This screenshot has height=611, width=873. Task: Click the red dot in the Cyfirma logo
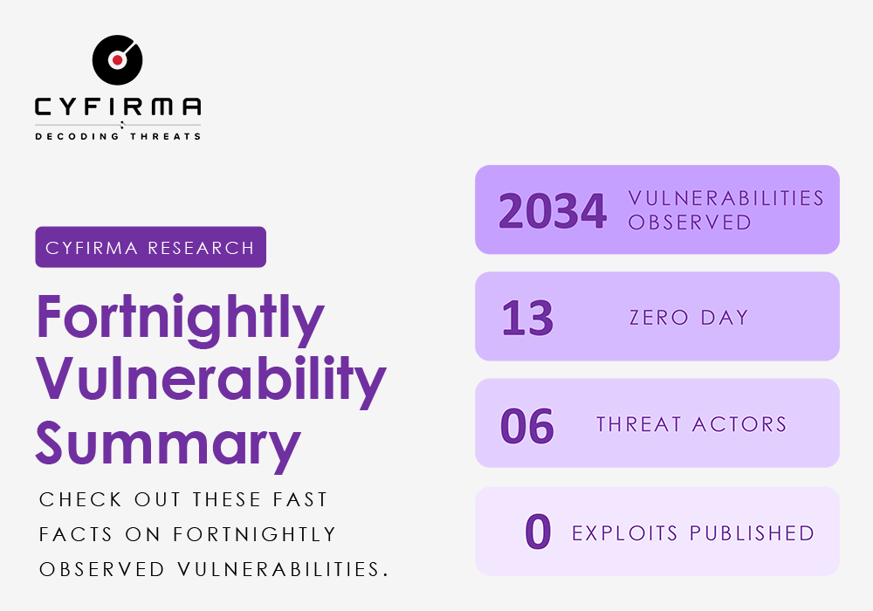click(x=117, y=59)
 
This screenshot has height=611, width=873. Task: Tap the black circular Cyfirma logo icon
click(x=118, y=60)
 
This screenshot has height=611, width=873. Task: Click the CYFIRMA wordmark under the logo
click(x=118, y=106)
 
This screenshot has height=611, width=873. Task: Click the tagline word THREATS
click(x=165, y=136)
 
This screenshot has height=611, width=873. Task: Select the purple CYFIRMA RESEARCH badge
click(x=150, y=247)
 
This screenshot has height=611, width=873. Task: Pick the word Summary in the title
click(x=168, y=446)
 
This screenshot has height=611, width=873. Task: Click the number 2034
click(x=553, y=211)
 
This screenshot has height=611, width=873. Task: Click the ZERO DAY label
click(x=689, y=318)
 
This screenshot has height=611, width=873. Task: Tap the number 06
click(x=527, y=426)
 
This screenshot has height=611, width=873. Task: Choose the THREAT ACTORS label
click(x=691, y=424)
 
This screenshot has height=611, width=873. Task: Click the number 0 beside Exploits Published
click(x=538, y=532)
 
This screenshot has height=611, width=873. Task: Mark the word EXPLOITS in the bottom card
click(x=625, y=533)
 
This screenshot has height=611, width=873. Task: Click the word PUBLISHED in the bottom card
click(x=753, y=533)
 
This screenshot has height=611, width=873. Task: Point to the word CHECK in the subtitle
click(x=80, y=499)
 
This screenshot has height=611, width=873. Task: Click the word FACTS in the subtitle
click(x=76, y=535)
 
